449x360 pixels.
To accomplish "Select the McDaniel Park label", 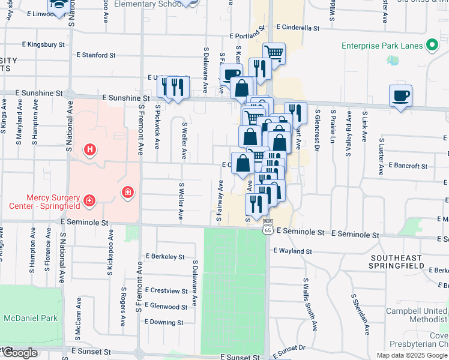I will click(x=29, y=318).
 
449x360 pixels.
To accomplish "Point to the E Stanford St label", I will click(x=96, y=55).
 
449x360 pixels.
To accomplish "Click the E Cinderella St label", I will click(x=298, y=28).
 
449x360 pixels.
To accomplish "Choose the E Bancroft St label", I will click(x=408, y=165).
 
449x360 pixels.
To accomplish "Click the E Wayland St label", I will click(x=293, y=251).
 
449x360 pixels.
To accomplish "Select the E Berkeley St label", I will click(x=164, y=256).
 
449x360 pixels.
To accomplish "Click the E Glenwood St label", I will click(x=166, y=307).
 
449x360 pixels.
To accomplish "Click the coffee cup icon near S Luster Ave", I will click(x=400, y=96).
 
